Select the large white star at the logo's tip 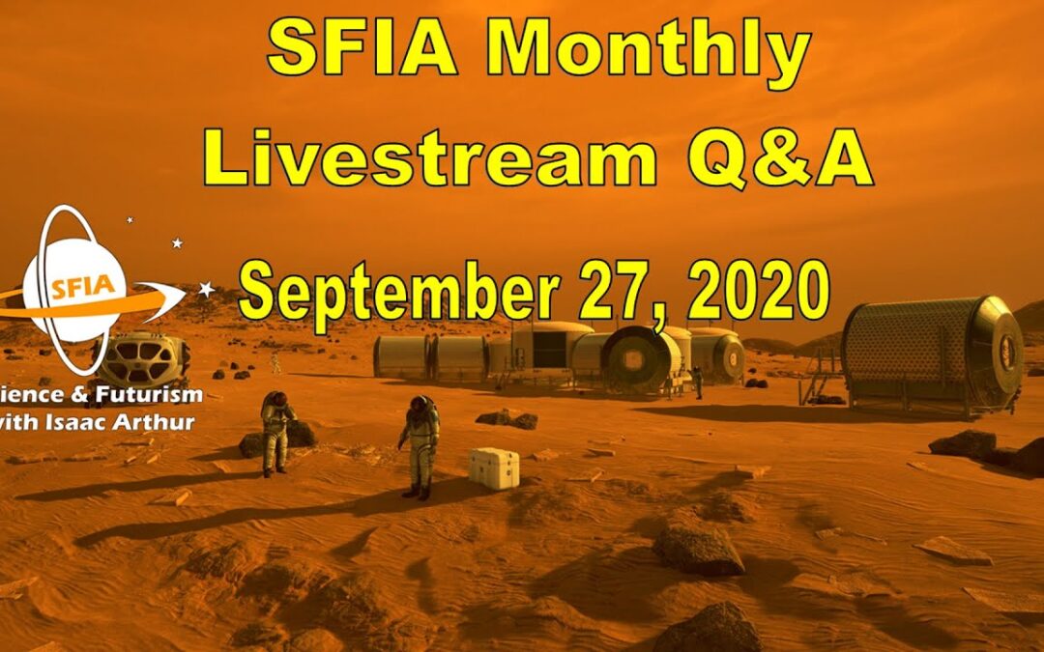[206, 288]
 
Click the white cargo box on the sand [493, 468]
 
